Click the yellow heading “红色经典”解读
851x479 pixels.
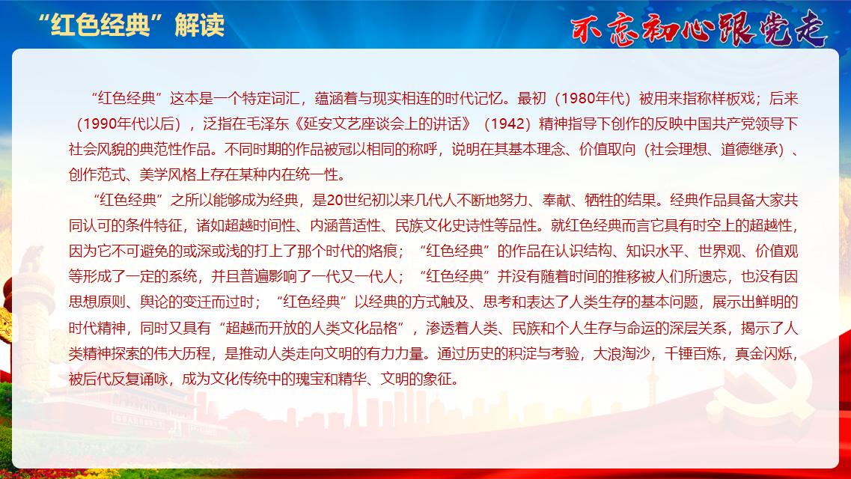pyautogui.click(x=131, y=25)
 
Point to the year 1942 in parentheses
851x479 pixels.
pyautogui.click(x=507, y=123)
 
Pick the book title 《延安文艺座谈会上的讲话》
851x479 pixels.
pyautogui.click(x=383, y=123)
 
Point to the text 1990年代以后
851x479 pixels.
pyautogui.click(x=129, y=123)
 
